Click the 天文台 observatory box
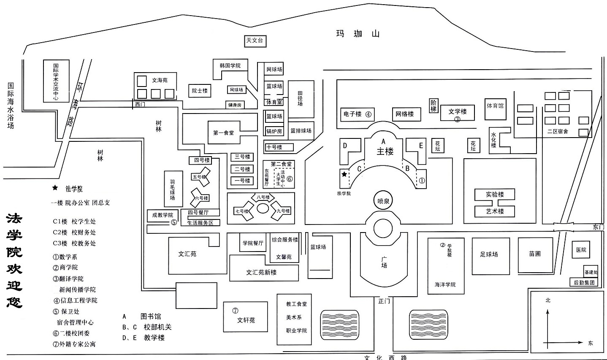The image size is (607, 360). pyautogui.click(x=255, y=41)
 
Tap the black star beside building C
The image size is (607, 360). pyautogui.click(x=344, y=174)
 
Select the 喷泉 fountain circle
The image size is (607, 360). pyautogui.click(x=383, y=201)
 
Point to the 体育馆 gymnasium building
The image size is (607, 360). pyautogui.click(x=495, y=106)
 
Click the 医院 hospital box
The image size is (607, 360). pyautogui.click(x=581, y=250)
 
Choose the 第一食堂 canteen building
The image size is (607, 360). pyautogui.click(x=223, y=133)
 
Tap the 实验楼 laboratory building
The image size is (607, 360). pyautogui.click(x=495, y=195)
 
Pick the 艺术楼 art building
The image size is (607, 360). pyautogui.click(x=495, y=211)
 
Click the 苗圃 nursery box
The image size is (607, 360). pyautogui.click(x=535, y=254)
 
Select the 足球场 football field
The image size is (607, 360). pyautogui.click(x=489, y=254)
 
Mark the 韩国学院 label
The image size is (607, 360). pyautogui.click(x=230, y=66)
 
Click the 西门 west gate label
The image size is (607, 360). pyautogui.click(x=140, y=104)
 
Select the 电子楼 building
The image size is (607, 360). pyautogui.click(x=357, y=114)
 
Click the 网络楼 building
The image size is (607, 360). pyautogui.click(x=404, y=114)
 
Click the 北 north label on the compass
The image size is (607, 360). pyautogui.click(x=548, y=300)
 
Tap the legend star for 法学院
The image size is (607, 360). pyautogui.click(x=54, y=188)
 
